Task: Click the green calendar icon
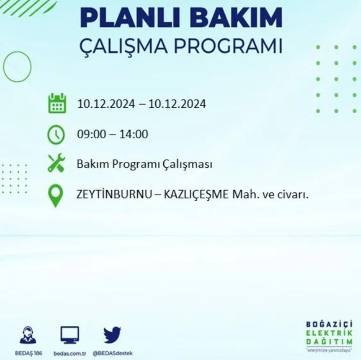57,103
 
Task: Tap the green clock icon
56,134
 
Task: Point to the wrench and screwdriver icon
56,164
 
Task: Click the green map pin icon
55,196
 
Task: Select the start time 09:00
91,134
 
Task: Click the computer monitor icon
70,335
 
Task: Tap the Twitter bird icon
112,335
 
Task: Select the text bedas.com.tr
70,353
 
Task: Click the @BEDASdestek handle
113,353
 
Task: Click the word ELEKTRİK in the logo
329,334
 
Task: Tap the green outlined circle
17,67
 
